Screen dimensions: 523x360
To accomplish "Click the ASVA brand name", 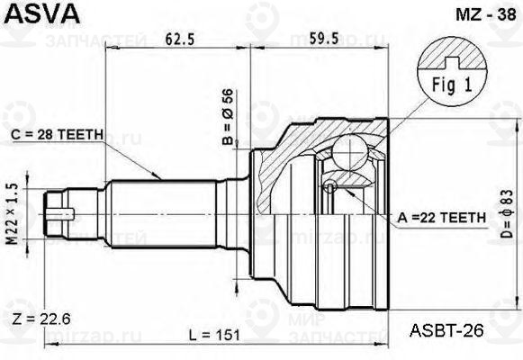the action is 42,13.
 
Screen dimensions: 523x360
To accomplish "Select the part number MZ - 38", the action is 486,14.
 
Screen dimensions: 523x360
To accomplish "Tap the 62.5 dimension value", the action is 180,39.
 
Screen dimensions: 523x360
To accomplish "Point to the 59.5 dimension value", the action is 323,39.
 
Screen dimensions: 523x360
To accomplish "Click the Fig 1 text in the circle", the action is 452,85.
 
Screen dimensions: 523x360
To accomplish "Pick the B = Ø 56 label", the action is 228,117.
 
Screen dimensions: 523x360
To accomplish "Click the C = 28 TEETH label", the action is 57,135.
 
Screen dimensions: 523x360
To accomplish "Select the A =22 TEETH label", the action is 442,218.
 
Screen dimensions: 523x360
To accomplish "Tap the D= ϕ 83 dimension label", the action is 507,213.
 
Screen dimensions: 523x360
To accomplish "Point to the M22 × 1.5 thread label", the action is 13,214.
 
